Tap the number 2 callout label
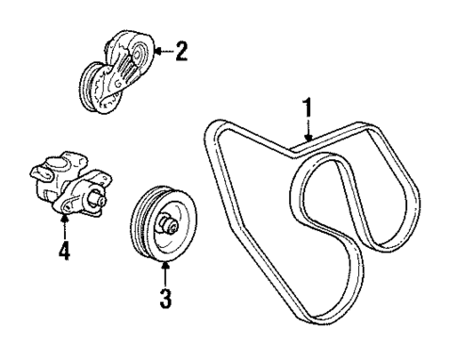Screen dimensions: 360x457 (180, 50)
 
